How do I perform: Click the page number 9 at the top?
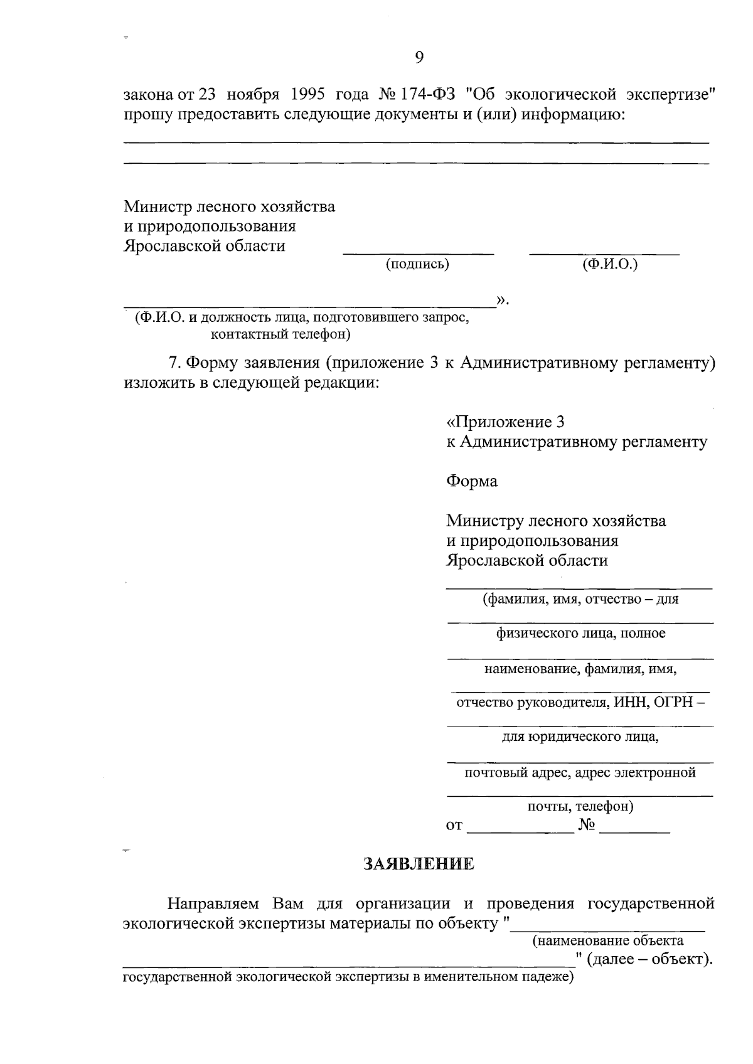tap(419, 58)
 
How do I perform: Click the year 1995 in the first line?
tap(307, 95)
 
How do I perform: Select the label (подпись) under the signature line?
tap(417, 264)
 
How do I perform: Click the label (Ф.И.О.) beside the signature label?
tap(609, 264)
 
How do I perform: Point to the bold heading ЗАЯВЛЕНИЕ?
tap(419, 864)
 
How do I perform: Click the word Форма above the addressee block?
tap(472, 481)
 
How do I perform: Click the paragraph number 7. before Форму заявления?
tap(176, 363)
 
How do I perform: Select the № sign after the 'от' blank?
tap(587, 825)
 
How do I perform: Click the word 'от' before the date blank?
tap(454, 826)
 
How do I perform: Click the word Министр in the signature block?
tap(158, 206)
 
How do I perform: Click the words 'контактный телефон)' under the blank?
tap(280, 334)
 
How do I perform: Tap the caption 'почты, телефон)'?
tap(580, 806)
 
